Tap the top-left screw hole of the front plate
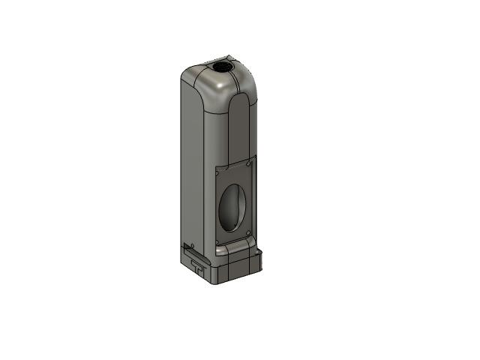pyautogui.click(x=218, y=172)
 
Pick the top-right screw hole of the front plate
pyautogui.click(x=249, y=161)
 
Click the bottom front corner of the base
pyautogui.click(x=218, y=283)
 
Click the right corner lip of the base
pyautogui.click(x=261, y=255)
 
